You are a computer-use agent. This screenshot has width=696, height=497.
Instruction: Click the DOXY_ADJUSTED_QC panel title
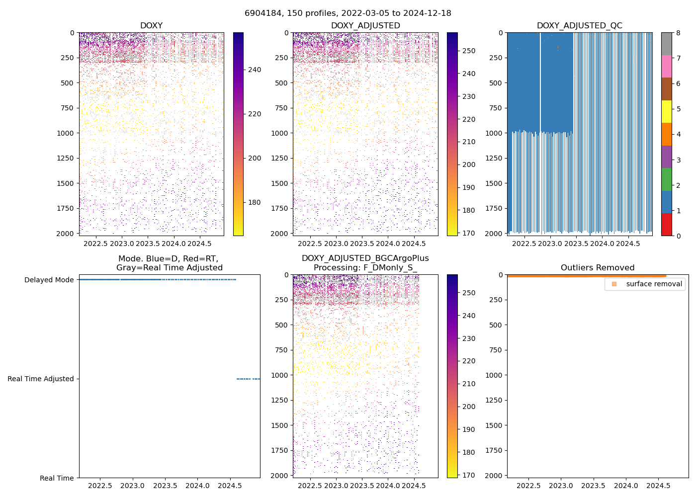click(579, 26)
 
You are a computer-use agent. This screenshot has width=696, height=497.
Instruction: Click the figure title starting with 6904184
click(348, 13)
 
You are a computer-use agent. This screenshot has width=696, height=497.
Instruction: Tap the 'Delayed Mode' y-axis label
click(49, 280)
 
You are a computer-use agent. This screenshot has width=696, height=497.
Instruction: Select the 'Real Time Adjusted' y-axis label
click(41, 379)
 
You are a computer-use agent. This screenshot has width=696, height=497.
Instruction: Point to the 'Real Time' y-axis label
click(57, 478)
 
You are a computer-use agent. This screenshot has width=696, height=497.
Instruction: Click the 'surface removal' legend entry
click(654, 284)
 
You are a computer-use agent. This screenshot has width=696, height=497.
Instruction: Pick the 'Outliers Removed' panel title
click(598, 268)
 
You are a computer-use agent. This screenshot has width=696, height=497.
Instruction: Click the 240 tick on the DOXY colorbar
click(255, 70)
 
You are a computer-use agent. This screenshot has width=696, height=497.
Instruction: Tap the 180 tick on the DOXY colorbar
click(255, 202)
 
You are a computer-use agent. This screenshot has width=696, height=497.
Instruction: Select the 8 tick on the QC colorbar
click(678, 33)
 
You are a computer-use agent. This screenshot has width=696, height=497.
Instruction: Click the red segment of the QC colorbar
click(666, 225)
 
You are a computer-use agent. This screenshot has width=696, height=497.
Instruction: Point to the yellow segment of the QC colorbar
click(666, 112)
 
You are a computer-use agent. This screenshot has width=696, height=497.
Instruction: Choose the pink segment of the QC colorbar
click(666, 67)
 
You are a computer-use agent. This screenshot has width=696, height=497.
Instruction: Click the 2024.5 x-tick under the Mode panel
click(230, 486)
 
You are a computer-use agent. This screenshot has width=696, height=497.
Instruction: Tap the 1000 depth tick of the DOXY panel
click(65, 133)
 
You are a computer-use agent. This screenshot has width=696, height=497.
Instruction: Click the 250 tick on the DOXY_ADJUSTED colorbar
click(468, 51)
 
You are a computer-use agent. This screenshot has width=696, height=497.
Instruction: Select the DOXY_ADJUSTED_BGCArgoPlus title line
click(365, 258)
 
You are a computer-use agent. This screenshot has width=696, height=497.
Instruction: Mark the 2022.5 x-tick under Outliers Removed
click(528, 486)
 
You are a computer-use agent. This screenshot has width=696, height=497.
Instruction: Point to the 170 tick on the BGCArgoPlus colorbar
click(468, 475)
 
